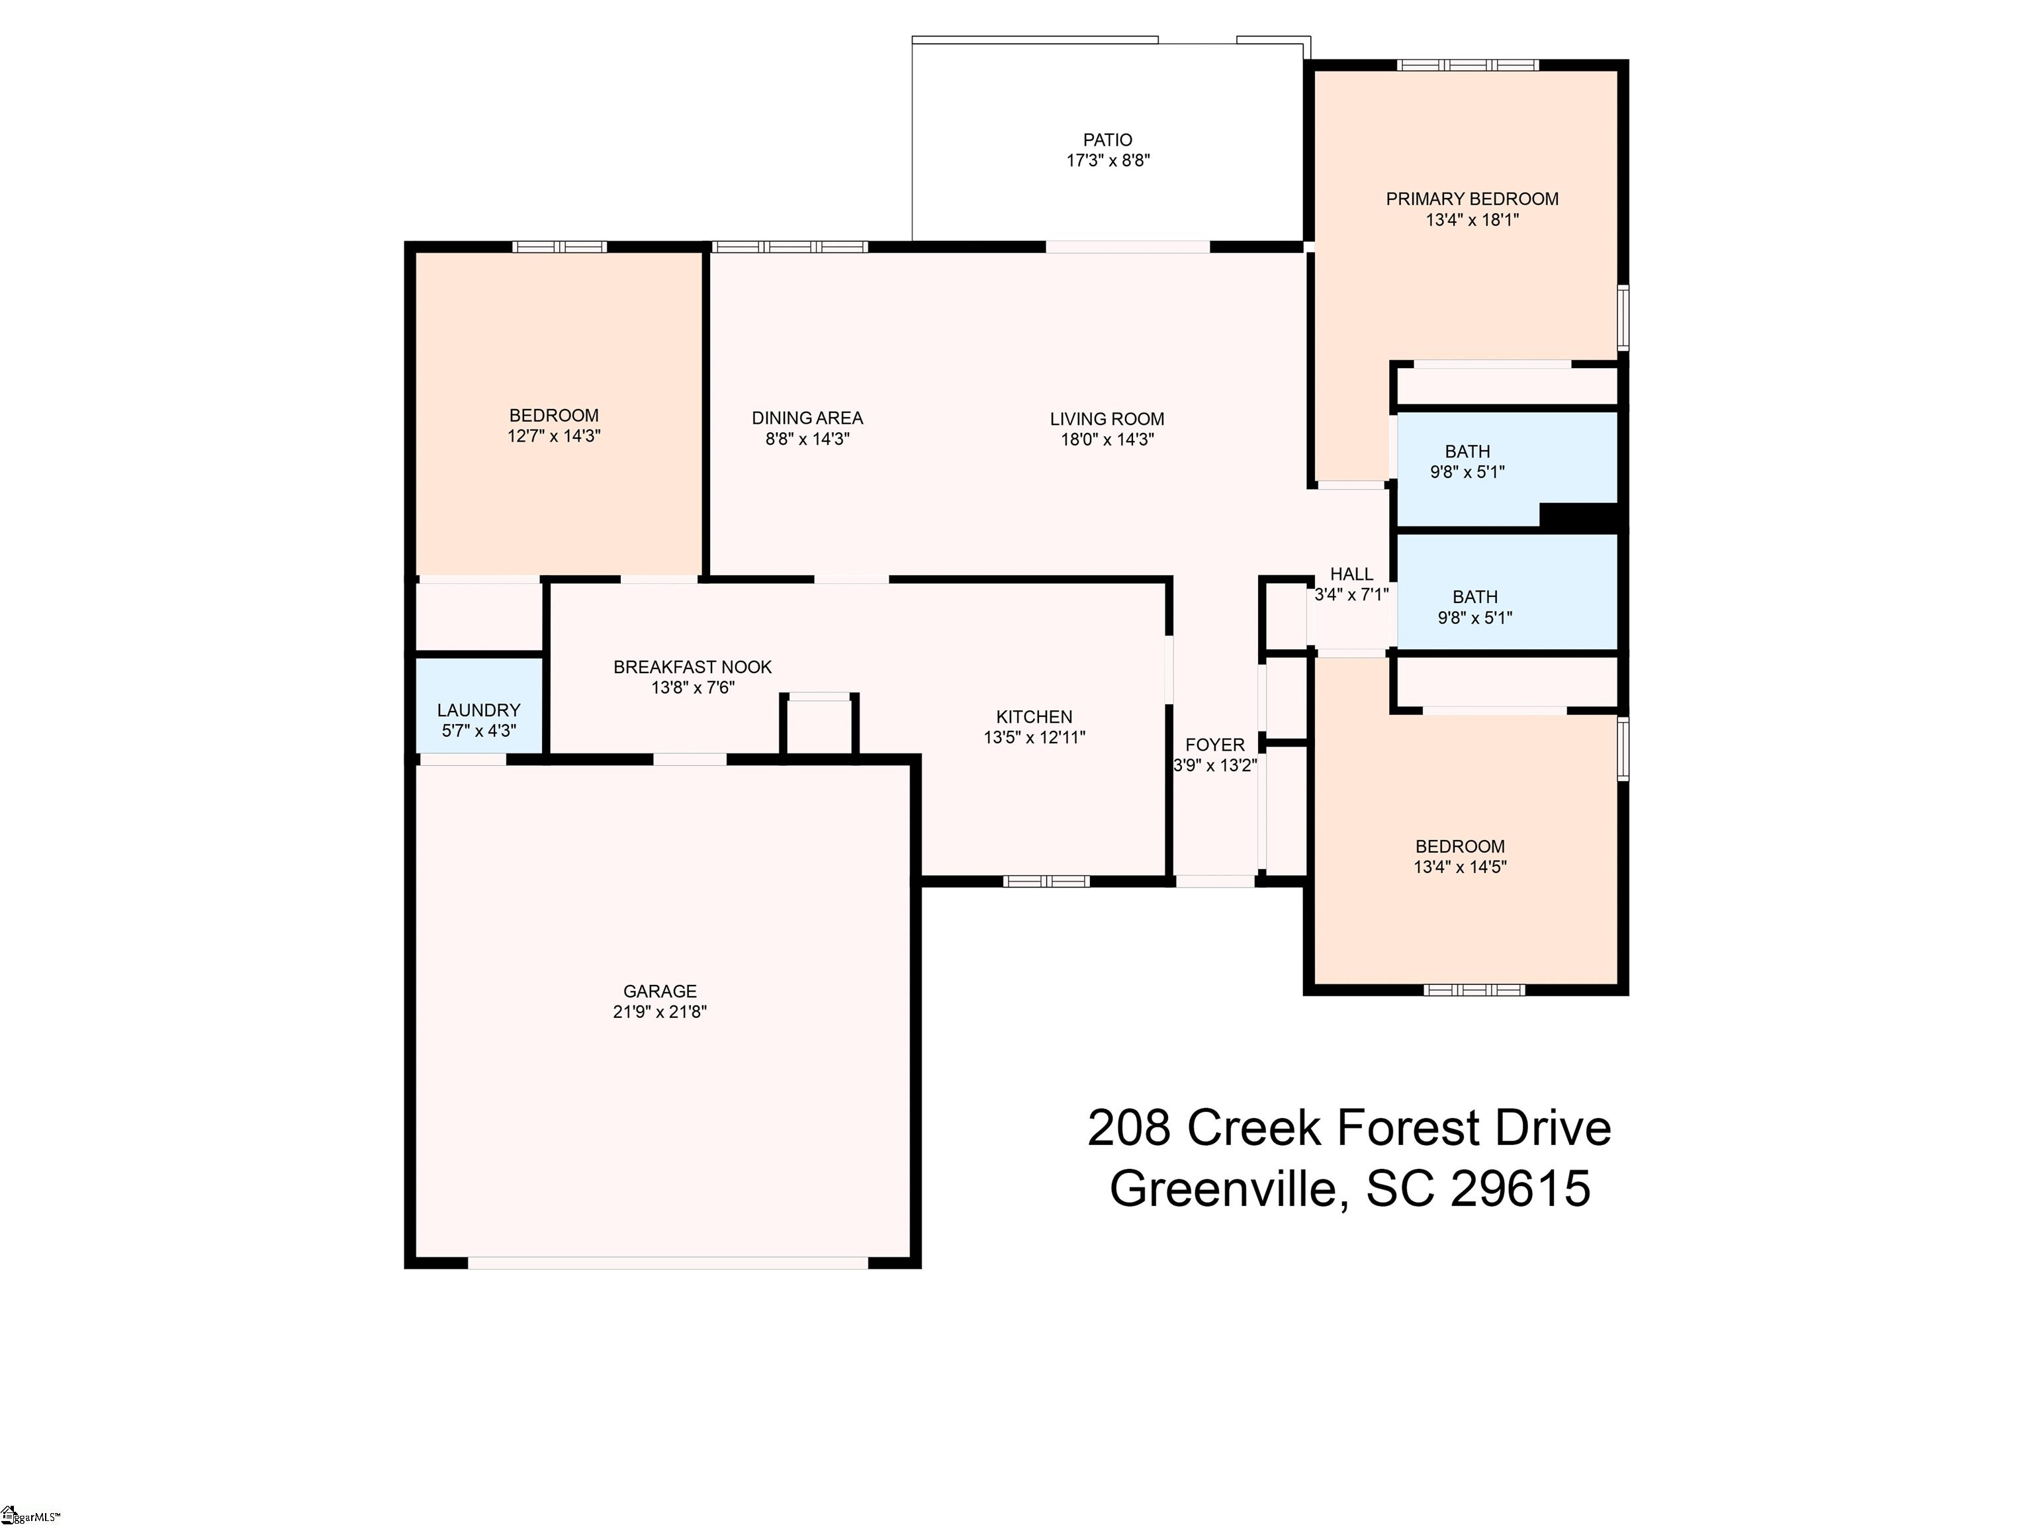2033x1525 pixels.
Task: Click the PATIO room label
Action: [1107, 140]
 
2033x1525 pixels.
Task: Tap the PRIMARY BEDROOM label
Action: [1472, 199]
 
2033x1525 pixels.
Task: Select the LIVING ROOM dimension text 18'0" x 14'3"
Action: [1107, 439]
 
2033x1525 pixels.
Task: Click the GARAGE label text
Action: [660, 991]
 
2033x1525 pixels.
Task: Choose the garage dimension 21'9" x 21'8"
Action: [660, 1012]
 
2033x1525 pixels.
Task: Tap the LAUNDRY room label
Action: [479, 710]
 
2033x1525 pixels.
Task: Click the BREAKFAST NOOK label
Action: [693, 667]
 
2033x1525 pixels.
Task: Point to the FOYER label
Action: [1215, 745]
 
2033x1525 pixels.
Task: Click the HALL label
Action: [1351, 574]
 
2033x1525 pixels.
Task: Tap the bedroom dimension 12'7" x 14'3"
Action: [554, 436]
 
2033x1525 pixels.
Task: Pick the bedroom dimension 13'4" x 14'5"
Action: [1461, 867]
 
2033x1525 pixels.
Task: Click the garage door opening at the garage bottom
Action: [668, 1262]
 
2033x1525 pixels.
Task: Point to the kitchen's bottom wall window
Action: [1046, 880]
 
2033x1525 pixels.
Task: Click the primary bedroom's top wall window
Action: [1468, 66]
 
